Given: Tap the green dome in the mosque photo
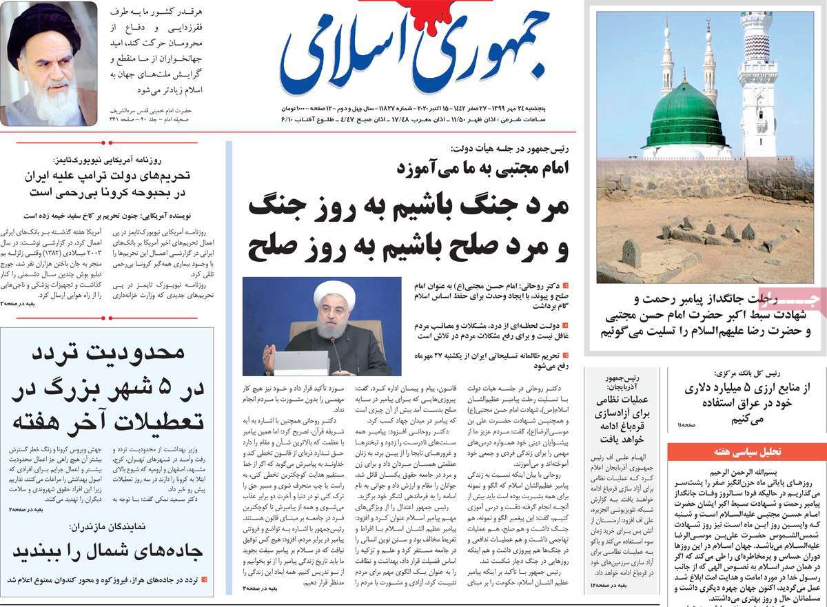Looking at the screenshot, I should coord(686,115).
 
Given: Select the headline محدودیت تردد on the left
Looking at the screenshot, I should coord(109,353).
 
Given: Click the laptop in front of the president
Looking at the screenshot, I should coord(300,362).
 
